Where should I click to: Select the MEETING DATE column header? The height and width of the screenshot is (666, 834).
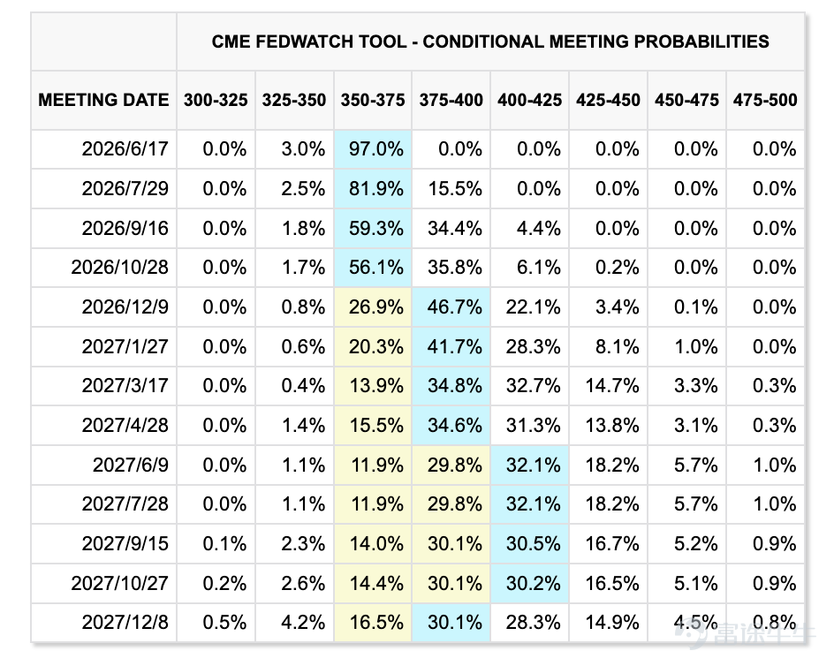coord(103,100)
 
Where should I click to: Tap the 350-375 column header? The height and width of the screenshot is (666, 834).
coord(373,100)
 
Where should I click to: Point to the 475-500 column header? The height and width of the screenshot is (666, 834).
coord(765,100)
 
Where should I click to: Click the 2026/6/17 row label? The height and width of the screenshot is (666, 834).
coord(125,149)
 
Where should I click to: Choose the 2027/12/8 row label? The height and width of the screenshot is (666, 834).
coord(125,623)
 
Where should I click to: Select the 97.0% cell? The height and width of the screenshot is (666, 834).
coord(376,149)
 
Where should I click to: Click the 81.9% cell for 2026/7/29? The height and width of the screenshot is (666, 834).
coord(376,189)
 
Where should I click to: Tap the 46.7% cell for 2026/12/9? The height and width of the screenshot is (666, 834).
coord(455,307)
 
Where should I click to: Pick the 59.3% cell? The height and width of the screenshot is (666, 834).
coord(376,228)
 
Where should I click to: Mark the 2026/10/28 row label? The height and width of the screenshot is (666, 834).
coord(119,267)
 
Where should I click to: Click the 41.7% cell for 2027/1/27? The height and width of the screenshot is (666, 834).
coord(455,347)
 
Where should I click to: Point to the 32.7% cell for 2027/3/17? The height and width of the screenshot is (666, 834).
coord(533,386)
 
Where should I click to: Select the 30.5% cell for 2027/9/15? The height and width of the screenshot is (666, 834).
coord(533,543)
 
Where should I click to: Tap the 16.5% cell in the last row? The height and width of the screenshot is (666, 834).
coord(376,623)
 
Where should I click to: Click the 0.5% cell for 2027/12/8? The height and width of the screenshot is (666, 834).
coord(224,623)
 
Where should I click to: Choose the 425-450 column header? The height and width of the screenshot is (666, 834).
coord(608,100)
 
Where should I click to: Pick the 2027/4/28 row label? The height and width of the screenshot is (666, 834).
coord(125,426)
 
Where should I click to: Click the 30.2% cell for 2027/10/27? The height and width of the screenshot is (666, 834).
coord(533,584)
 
